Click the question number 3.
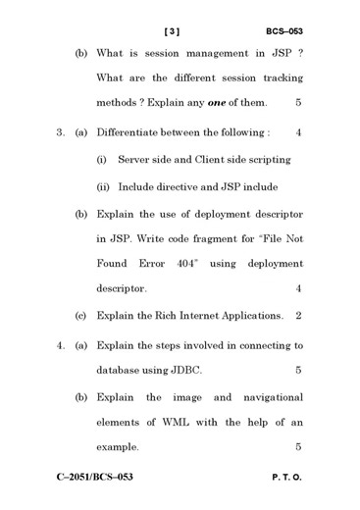tap(59, 131)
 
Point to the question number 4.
tap(59, 345)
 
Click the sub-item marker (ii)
tap(103, 186)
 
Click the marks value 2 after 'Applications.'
tap(298, 316)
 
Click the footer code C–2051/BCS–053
tap(93, 478)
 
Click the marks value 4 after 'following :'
tap(298, 131)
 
